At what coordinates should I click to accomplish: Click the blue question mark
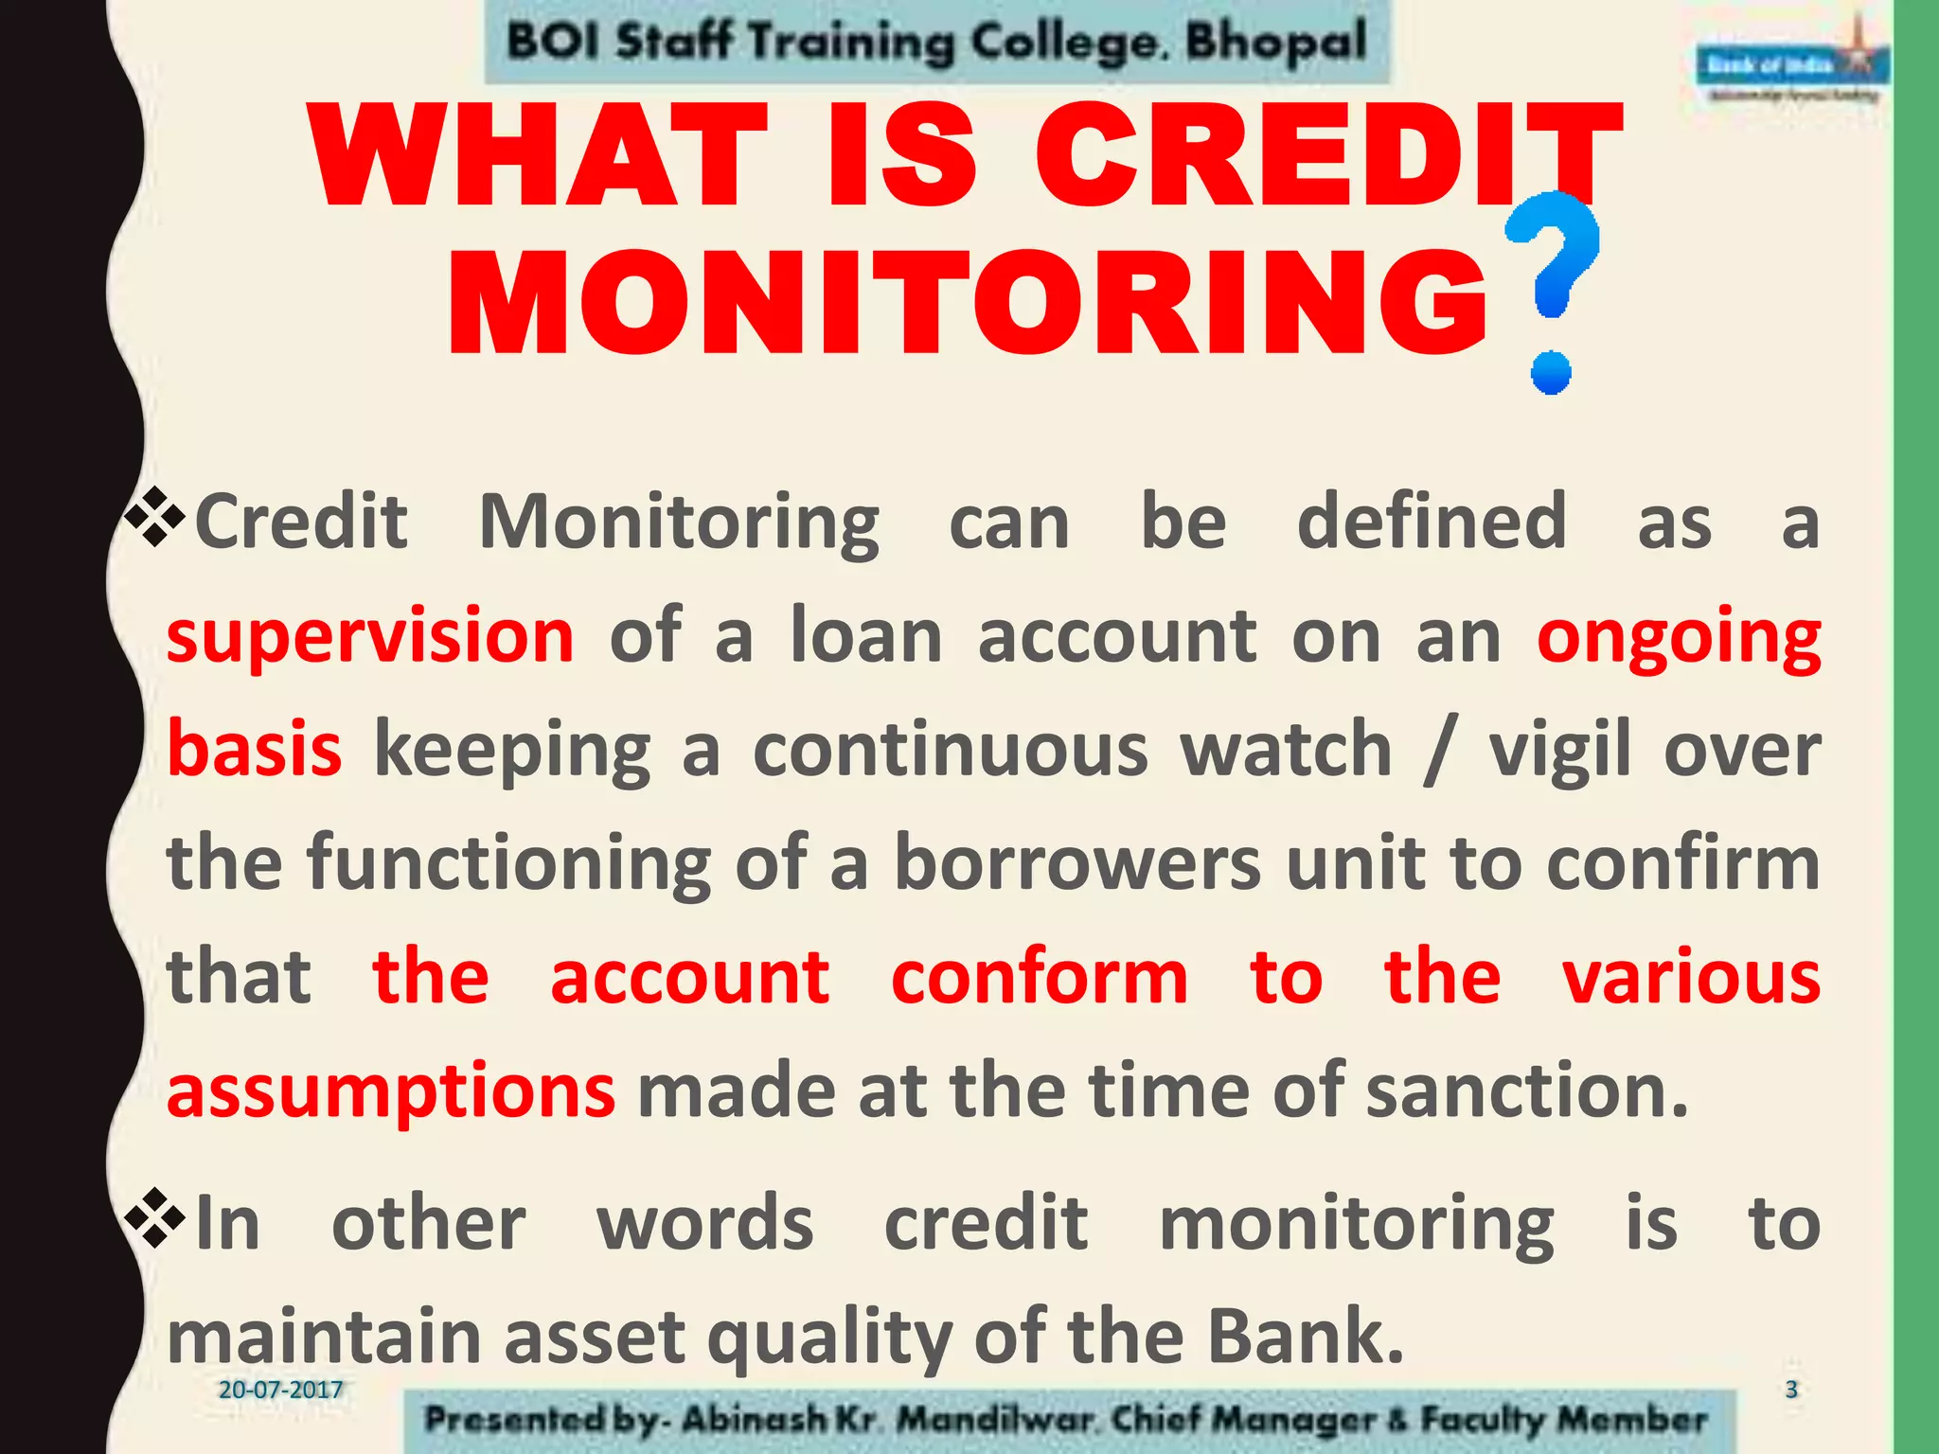pos(1553,289)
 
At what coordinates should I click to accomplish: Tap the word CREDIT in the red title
pos(1325,156)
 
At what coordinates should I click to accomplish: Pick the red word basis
pos(254,750)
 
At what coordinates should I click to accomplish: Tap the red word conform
pos(1039,977)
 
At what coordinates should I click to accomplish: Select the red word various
pos(1691,977)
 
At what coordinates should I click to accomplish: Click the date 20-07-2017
pos(280,1390)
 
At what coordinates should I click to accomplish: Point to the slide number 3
pos(1790,1390)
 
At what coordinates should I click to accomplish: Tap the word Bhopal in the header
pos(1276,42)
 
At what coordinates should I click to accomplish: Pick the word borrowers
pos(1076,863)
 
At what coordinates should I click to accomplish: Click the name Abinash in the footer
pos(754,1419)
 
